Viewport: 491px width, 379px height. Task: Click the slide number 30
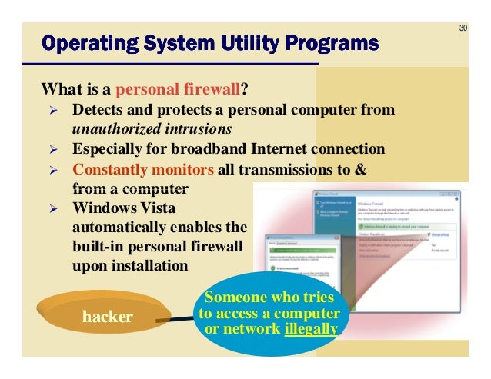(x=463, y=28)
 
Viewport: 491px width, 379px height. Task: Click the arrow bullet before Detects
(x=54, y=109)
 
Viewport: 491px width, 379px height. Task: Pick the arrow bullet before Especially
(x=54, y=148)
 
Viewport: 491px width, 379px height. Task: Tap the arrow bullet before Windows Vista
(x=54, y=208)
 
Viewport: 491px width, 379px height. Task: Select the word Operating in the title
(x=81, y=42)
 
